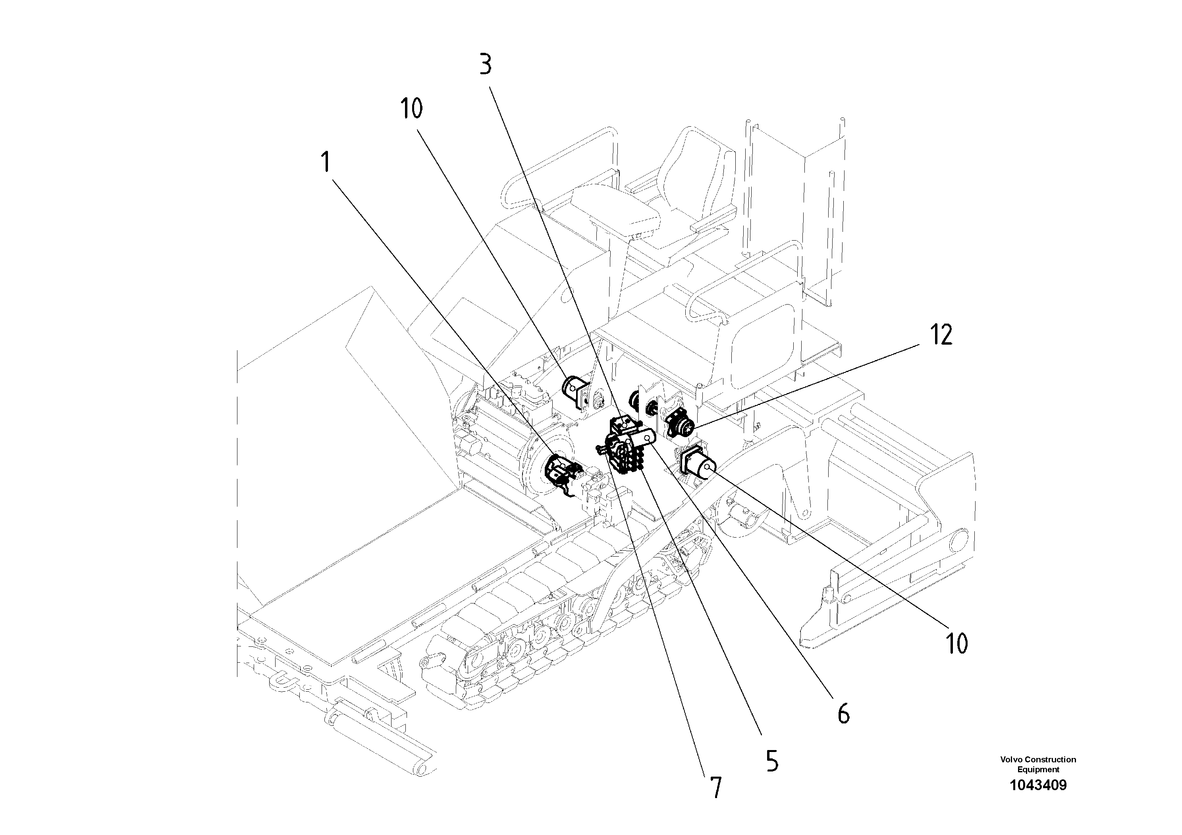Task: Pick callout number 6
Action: click(x=843, y=714)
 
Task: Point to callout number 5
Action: click(x=772, y=761)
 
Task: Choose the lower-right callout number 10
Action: click(x=956, y=643)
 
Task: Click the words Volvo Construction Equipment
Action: click(x=1038, y=764)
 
